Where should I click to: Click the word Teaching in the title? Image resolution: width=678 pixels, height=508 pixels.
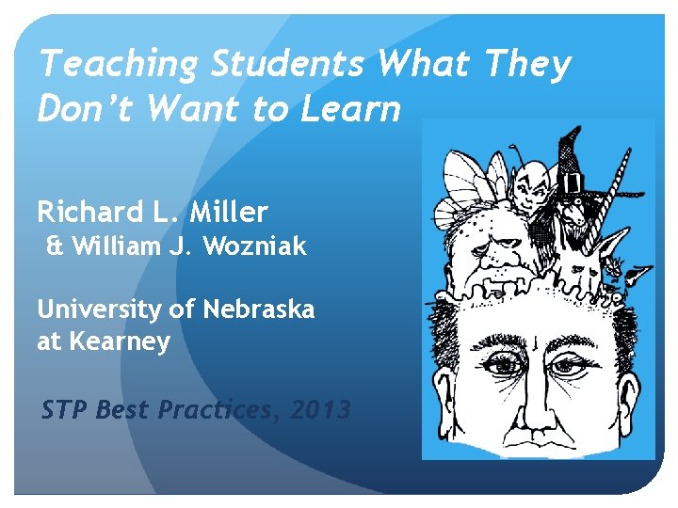pyautogui.click(x=118, y=65)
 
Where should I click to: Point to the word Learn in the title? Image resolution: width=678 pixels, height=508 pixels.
pyautogui.click(x=350, y=109)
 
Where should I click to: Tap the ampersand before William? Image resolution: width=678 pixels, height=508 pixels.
pyautogui.click(x=55, y=247)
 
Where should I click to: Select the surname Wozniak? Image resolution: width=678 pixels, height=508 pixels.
pyautogui.click(x=260, y=247)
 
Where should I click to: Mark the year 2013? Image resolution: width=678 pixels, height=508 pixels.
pyautogui.click(x=320, y=410)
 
